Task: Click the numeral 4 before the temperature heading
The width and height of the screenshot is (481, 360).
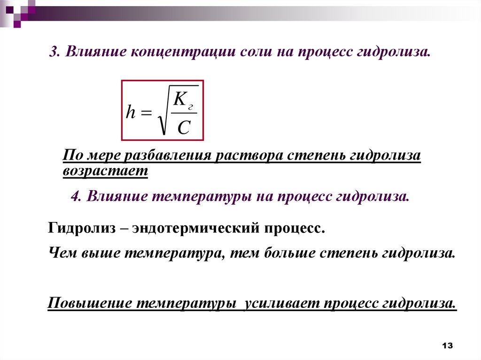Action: (75, 196)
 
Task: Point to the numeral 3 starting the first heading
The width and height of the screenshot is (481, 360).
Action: (53, 53)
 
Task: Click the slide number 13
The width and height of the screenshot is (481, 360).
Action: (447, 346)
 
